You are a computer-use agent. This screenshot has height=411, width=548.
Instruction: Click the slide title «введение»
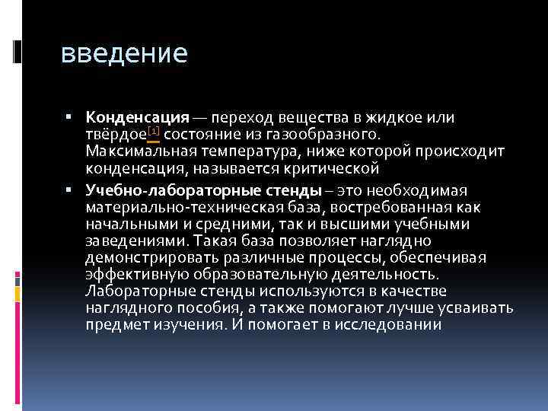coord(123,54)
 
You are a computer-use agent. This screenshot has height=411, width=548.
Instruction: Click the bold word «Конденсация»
coord(137,118)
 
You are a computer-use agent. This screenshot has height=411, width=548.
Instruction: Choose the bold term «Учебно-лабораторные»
coord(152,190)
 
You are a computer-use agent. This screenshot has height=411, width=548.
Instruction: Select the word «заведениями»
coord(126,241)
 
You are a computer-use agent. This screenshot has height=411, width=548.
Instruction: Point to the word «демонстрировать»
coord(141,258)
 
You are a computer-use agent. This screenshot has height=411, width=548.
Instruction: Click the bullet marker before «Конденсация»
coord(68,117)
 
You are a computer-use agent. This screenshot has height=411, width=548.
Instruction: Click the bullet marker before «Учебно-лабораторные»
coord(68,190)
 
